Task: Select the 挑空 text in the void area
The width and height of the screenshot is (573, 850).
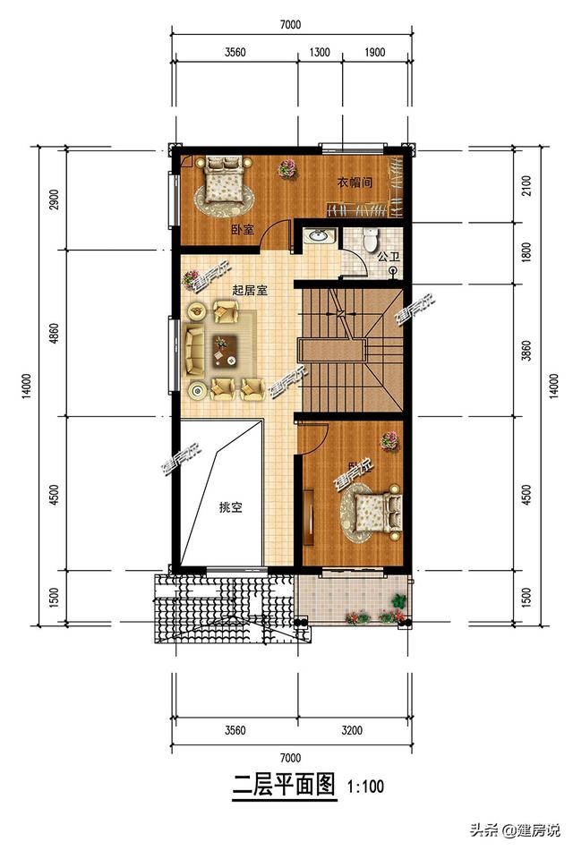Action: click(x=231, y=506)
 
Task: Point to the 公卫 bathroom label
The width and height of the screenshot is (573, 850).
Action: click(x=388, y=257)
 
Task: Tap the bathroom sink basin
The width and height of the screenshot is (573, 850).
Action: click(x=319, y=237)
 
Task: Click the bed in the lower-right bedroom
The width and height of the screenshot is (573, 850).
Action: click(x=376, y=513)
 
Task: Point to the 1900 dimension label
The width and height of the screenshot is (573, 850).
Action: click(x=374, y=52)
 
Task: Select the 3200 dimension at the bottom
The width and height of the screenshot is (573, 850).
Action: click(x=353, y=730)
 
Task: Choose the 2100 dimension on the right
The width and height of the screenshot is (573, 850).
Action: click(x=527, y=185)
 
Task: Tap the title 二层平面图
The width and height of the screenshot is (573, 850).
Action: click(x=284, y=786)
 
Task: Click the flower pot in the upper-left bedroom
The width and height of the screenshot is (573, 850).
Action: click(x=287, y=167)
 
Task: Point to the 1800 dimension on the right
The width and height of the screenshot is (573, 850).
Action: click(x=527, y=252)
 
